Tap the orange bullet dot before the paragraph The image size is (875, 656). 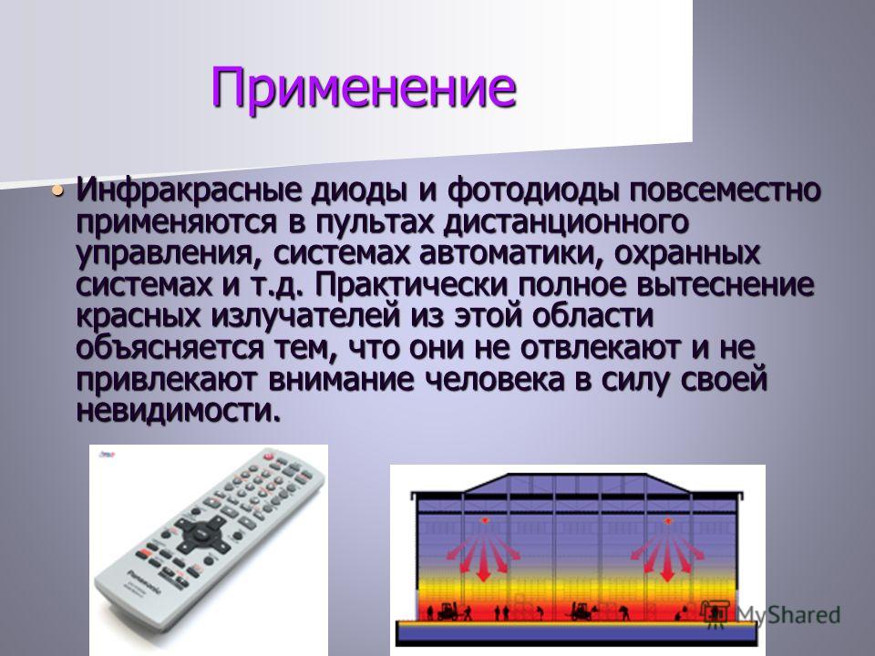pyautogui.click(x=57, y=190)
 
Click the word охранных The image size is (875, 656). pyautogui.click(x=687, y=255)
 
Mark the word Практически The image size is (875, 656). pyautogui.click(x=412, y=285)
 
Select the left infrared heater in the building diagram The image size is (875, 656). pyautogui.click(x=484, y=520)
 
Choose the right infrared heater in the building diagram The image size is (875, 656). pyautogui.click(x=667, y=521)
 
